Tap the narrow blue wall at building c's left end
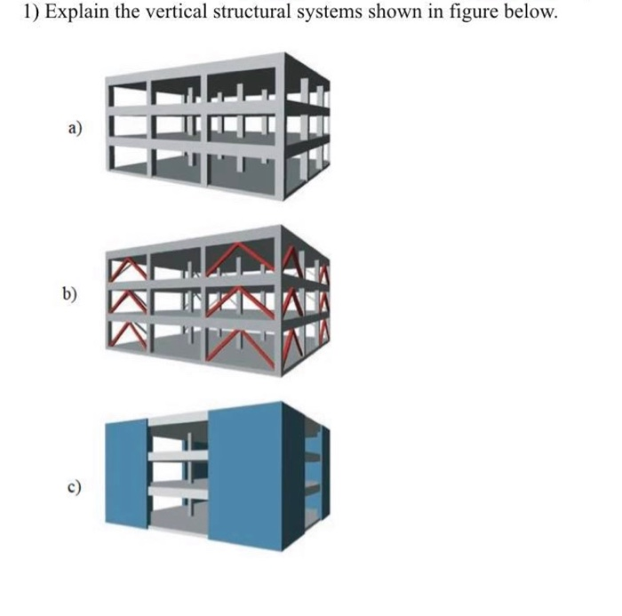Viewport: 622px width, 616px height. [126, 471]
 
